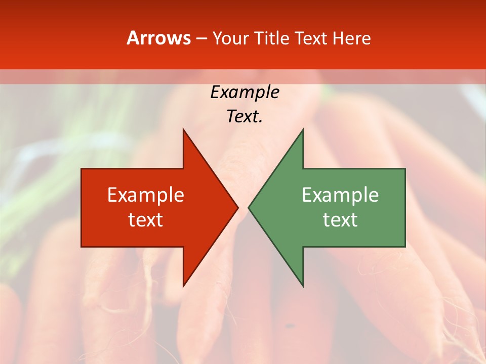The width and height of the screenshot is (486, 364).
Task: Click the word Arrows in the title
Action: click(158, 38)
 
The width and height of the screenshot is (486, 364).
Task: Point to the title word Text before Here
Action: click(312, 38)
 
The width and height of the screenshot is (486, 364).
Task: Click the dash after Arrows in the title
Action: click(201, 38)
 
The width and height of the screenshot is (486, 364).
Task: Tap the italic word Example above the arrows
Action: click(245, 92)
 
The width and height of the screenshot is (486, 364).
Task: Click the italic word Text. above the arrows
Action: click(245, 117)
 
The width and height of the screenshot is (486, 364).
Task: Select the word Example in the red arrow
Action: click(146, 195)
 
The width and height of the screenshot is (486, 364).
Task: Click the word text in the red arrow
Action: click(146, 220)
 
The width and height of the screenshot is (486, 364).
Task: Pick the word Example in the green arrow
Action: click(340, 195)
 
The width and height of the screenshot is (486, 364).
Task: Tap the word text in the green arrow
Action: click(340, 220)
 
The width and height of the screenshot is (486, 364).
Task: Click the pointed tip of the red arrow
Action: click(237, 207)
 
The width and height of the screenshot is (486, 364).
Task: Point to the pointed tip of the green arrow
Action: click(249, 207)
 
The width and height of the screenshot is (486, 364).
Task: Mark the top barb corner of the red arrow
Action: click(183, 129)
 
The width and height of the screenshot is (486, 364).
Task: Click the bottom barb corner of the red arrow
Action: click(183, 286)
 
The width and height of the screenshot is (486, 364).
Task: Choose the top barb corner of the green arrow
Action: click(303, 129)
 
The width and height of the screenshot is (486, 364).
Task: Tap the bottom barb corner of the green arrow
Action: click(303, 286)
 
